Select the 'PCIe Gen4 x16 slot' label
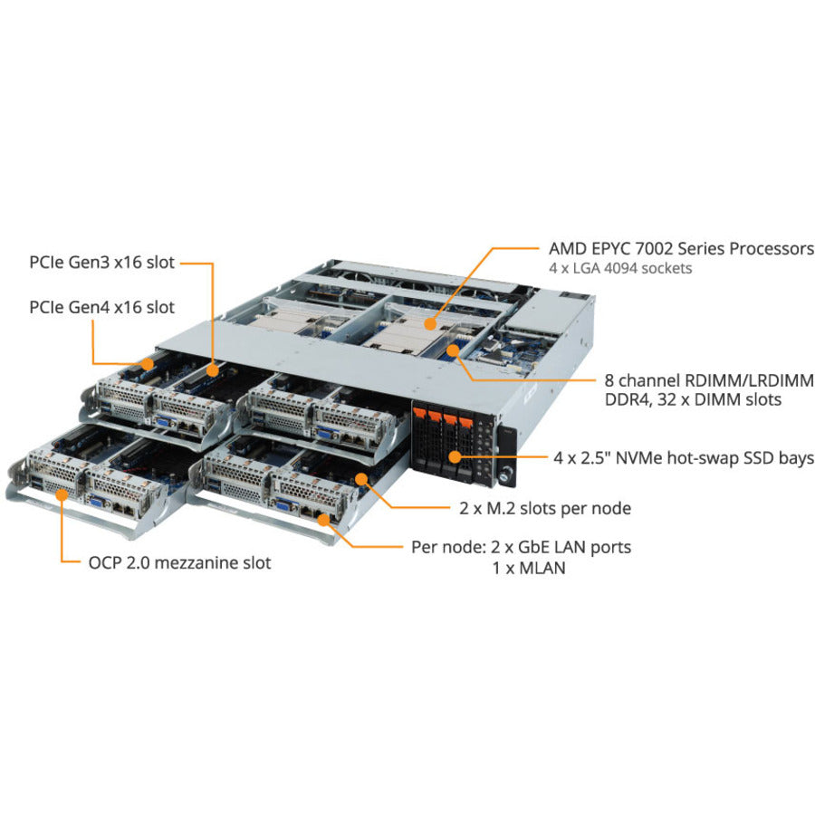click(101, 307)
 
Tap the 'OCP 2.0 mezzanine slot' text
click(179, 562)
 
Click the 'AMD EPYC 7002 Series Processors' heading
click(681, 247)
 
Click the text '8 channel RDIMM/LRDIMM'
click(703, 380)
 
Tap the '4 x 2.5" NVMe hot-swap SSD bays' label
click(684, 459)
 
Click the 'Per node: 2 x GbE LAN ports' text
click(521, 547)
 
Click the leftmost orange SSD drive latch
click(419, 416)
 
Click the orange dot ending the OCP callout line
click(61, 494)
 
